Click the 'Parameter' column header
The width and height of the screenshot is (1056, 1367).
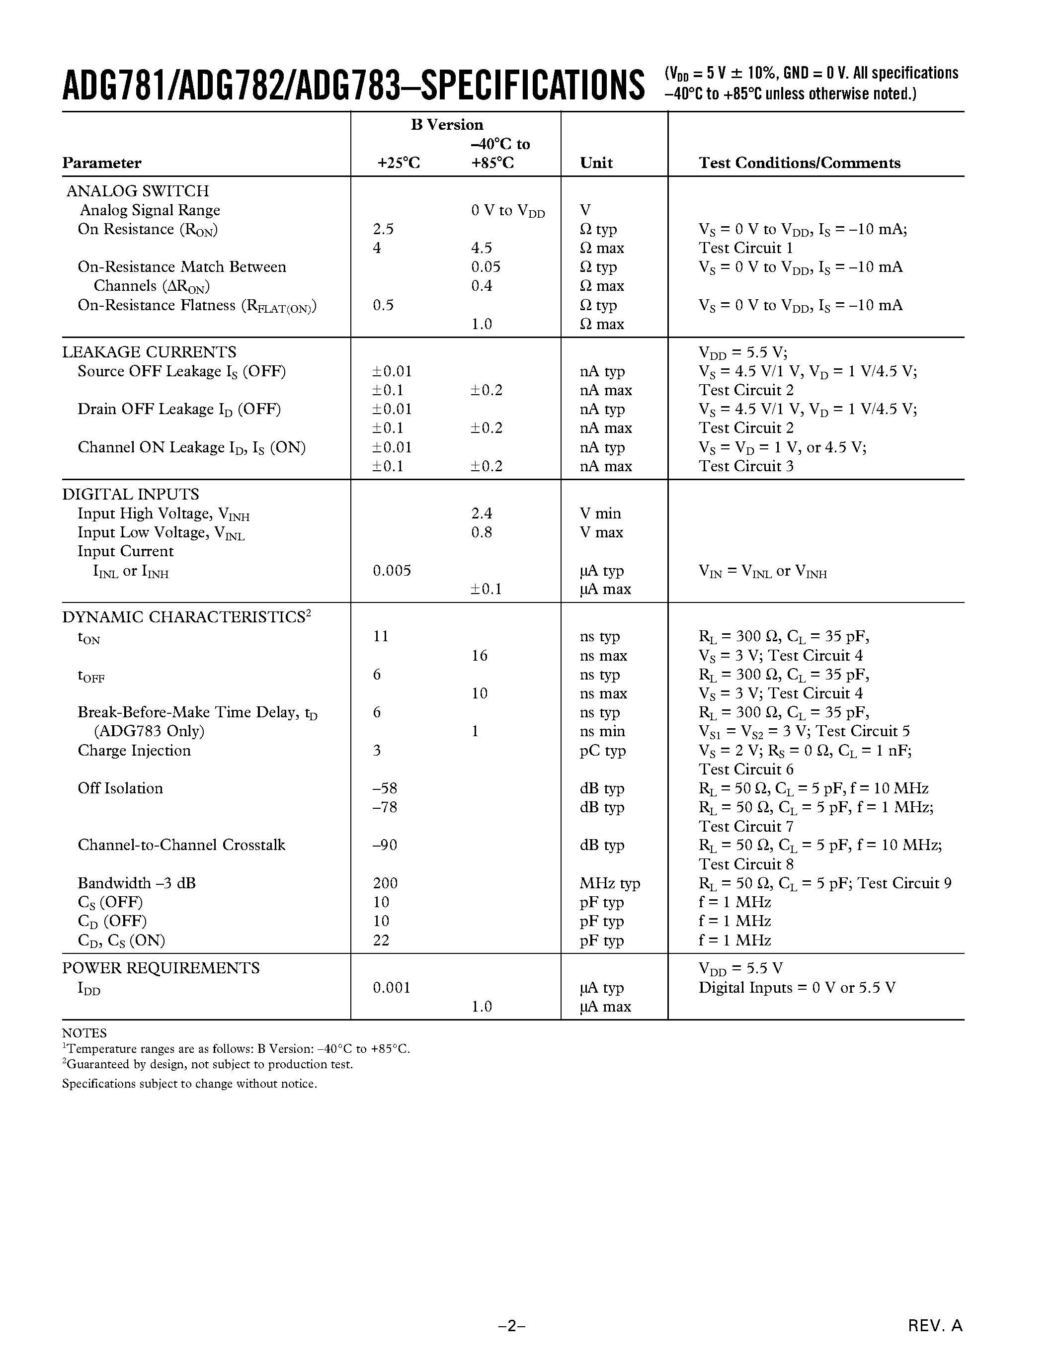tap(101, 164)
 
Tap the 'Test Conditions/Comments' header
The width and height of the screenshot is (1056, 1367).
tap(799, 164)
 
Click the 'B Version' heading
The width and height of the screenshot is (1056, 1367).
tap(447, 125)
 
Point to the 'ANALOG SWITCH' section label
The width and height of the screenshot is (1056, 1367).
tap(138, 191)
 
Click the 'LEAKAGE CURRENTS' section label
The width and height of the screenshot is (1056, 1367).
tap(149, 352)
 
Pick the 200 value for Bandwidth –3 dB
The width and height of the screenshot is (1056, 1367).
tap(385, 883)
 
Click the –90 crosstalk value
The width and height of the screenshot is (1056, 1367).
tap(384, 845)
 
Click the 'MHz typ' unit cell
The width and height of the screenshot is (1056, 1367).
tap(609, 883)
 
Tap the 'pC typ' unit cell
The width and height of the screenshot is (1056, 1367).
tap(602, 751)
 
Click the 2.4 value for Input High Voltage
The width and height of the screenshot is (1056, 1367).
tap(482, 513)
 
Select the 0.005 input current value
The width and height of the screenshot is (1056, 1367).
tap(392, 570)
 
